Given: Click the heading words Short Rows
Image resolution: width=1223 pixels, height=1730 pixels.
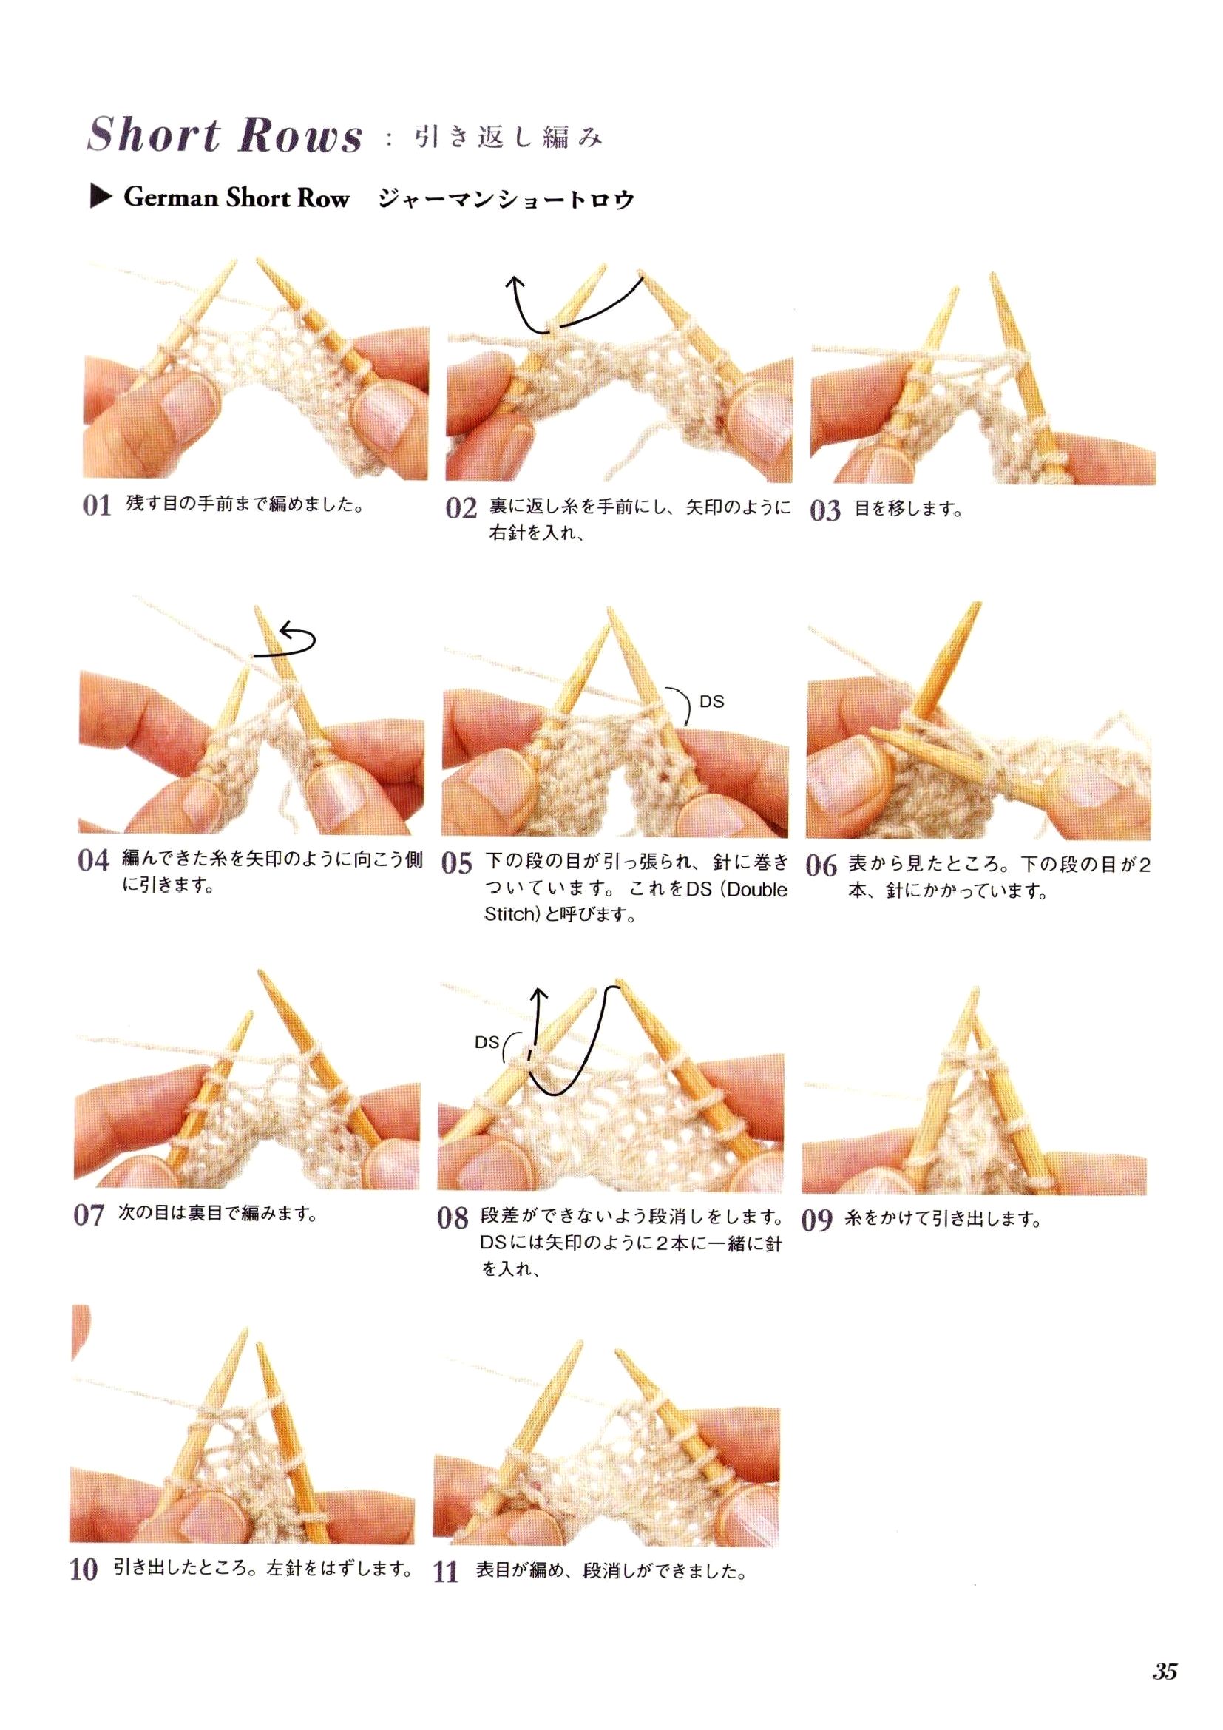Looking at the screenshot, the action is click(x=225, y=135).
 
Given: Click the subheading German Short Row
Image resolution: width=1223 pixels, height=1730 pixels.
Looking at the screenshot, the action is click(x=237, y=197).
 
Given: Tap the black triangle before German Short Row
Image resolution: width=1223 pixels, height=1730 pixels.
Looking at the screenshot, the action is click(x=100, y=197).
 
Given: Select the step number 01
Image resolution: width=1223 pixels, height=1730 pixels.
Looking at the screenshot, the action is click(x=97, y=505).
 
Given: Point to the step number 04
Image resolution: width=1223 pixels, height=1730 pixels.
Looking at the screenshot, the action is click(x=93, y=859).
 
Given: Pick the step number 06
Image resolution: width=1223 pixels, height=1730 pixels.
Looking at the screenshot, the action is click(x=821, y=865).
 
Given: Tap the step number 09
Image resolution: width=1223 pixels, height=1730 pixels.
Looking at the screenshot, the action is click(x=817, y=1219).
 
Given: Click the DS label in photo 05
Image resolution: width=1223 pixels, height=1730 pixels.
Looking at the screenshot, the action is click(x=711, y=701).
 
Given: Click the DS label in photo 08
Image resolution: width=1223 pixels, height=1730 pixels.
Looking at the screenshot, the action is click(x=487, y=1042).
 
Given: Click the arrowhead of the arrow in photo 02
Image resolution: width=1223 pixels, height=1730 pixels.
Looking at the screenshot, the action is click(x=515, y=283).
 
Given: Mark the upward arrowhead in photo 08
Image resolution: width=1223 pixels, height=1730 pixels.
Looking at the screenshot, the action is click(x=538, y=994).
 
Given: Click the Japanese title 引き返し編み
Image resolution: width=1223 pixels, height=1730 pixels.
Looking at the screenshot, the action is click(x=508, y=138).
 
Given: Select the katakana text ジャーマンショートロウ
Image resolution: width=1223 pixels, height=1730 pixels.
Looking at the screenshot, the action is click(x=506, y=199).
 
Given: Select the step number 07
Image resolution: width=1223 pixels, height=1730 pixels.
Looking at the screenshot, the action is click(x=89, y=1214).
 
